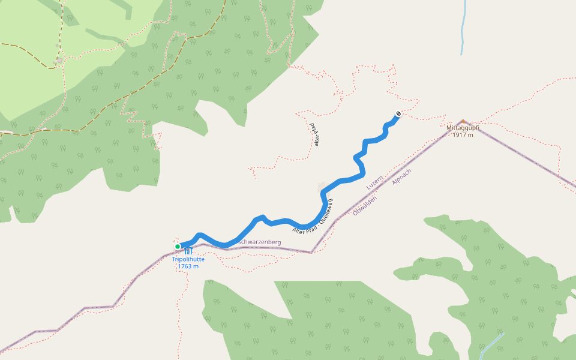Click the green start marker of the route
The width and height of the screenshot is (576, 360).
[x=178, y=247]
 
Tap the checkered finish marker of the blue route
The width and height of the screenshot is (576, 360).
[x=398, y=114]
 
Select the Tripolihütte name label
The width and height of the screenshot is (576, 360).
[x=188, y=259]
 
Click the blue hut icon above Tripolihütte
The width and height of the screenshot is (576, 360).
[x=188, y=251]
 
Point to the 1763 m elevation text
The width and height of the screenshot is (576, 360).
[x=188, y=266]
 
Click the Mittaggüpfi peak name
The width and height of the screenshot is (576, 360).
[x=463, y=128]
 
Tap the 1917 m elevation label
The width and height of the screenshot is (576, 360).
[x=463, y=135]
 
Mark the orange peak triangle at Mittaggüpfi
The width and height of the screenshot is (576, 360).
[x=463, y=121]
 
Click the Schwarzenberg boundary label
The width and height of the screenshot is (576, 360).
[x=260, y=242]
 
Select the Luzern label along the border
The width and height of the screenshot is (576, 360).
[x=374, y=182]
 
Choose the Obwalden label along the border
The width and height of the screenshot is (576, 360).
[x=365, y=205]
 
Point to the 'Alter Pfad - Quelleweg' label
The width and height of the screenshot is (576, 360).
[x=312, y=216]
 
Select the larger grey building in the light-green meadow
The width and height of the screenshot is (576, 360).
[x=59, y=61]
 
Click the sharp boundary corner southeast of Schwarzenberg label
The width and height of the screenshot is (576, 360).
[x=311, y=253]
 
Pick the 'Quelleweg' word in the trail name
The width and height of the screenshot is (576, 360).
[x=324, y=206]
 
